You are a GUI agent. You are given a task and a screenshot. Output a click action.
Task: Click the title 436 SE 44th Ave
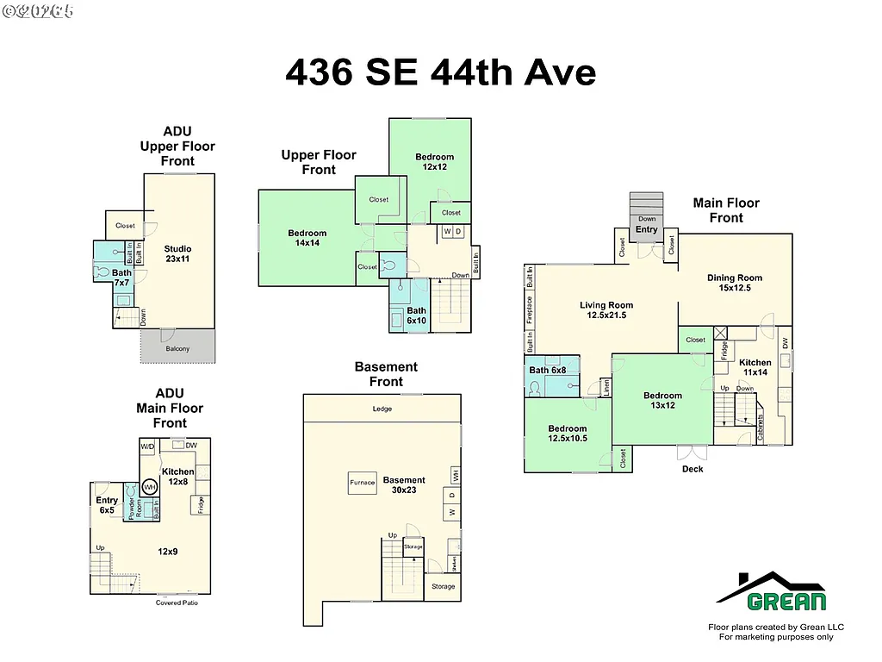pyautogui.click(x=440, y=72)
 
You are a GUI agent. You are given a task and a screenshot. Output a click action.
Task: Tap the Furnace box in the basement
pyautogui.click(x=362, y=483)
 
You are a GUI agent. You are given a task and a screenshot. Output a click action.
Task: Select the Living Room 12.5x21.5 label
pyautogui.click(x=606, y=310)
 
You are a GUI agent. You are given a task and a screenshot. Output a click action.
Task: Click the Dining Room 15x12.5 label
pyautogui.click(x=735, y=283)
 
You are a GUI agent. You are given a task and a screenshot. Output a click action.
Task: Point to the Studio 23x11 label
pyautogui.click(x=177, y=254)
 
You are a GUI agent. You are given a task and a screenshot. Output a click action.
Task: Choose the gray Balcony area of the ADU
pyautogui.click(x=177, y=347)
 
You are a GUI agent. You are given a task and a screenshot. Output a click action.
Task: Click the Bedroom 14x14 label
pyautogui.click(x=307, y=238)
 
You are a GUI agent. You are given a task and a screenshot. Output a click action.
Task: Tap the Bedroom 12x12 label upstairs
pyautogui.click(x=434, y=161)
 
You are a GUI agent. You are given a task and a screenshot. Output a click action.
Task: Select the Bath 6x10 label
pyautogui.click(x=416, y=315)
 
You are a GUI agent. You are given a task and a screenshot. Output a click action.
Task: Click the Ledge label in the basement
pyautogui.click(x=382, y=409)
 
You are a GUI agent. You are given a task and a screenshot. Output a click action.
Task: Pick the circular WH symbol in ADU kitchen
pyautogui.click(x=150, y=487)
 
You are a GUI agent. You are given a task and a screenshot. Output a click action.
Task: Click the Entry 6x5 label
pyautogui.click(x=107, y=505)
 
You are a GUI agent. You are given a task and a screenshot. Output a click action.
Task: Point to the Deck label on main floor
pyautogui.click(x=693, y=469)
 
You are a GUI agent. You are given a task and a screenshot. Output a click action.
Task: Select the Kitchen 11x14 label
pyautogui.click(x=755, y=367)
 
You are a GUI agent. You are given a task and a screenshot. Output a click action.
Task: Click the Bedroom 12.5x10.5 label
pyautogui.click(x=567, y=433)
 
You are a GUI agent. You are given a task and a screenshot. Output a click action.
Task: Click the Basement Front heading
pyautogui.click(x=386, y=374)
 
